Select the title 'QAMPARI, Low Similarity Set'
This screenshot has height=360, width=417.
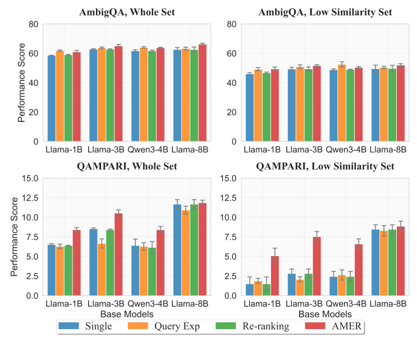click(x=325, y=167)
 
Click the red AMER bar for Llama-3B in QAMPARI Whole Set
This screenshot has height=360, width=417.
click(x=118, y=254)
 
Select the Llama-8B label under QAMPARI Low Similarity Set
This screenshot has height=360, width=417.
click(x=388, y=305)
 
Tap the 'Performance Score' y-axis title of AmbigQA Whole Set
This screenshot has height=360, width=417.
click(x=21, y=83)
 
